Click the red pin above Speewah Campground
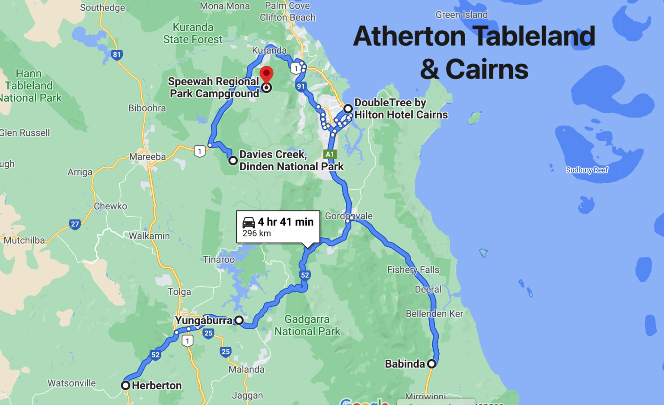(x=266, y=74)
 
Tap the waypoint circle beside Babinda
(x=431, y=364)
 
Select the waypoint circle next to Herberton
(x=125, y=385)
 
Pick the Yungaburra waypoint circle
(x=239, y=320)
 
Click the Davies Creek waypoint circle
(x=233, y=160)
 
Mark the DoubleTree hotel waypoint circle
(x=348, y=108)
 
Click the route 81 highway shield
(x=117, y=55)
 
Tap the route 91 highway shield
(x=301, y=86)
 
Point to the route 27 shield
(x=75, y=224)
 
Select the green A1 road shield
(x=330, y=154)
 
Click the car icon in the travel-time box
(x=249, y=222)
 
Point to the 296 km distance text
(x=257, y=233)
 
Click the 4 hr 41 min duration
(x=286, y=222)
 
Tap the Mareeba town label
(x=147, y=156)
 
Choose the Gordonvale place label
(x=348, y=216)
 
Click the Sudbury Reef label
(x=587, y=170)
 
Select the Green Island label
(x=461, y=15)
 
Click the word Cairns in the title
(x=487, y=69)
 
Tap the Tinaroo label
(x=219, y=259)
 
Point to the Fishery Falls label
(x=413, y=270)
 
